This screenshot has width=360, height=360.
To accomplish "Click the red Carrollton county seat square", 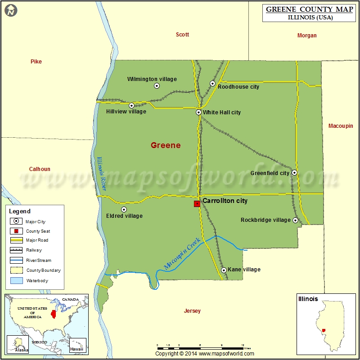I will click(x=197, y=204).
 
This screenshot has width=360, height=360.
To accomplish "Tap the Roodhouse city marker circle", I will click(x=213, y=83).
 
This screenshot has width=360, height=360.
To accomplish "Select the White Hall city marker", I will click(x=198, y=112).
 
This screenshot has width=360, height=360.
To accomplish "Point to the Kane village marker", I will click(x=224, y=270).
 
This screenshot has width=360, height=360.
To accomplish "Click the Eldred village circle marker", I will click(x=124, y=209).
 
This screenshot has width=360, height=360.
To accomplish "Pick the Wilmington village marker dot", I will click(x=157, y=85).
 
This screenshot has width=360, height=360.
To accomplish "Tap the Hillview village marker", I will click(x=131, y=105).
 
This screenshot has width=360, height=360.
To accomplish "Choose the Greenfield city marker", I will click(x=294, y=172).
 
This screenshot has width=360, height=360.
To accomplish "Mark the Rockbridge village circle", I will click(x=295, y=220).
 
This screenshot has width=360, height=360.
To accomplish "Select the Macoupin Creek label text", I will click(x=182, y=254).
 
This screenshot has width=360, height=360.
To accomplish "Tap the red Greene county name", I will click(x=166, y=145).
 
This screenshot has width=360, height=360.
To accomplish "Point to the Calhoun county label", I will click(x=40, y=169).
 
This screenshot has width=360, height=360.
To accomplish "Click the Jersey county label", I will click(x=192, y=311).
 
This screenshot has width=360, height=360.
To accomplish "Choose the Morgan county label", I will click(x=307, y=36).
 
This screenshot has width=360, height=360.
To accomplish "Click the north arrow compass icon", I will click(x=11, y=10).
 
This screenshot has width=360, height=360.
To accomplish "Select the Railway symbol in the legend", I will click(x=17, y=250).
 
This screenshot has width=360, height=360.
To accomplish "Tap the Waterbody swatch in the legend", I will click(x=17, y=281).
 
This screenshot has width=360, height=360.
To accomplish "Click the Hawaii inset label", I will click(x=76, y=349).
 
